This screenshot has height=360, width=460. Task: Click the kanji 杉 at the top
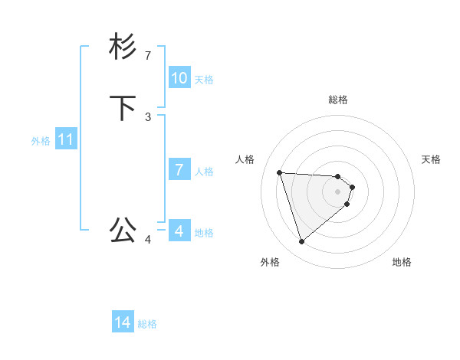coord(123,47)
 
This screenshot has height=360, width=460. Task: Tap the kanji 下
coord(123,108)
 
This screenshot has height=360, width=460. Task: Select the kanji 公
coord(123,229)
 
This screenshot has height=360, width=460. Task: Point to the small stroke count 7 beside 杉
coord(148,56)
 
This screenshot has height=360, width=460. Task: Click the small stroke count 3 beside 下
coord(148,116)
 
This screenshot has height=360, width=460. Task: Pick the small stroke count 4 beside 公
coord(148,240)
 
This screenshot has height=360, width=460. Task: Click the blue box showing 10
coord(179,78)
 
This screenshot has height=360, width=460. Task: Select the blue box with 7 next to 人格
coord(179,170)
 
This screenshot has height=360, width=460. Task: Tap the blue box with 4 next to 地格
coord(179,231)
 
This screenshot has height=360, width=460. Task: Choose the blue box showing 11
coord(66,139)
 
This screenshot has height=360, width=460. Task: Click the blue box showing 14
coord(123,322)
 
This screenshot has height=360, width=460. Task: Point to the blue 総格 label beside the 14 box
coord(147,324)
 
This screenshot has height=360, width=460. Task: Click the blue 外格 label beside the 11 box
coord(41,141)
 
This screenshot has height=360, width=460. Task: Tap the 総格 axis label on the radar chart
coord(338,100)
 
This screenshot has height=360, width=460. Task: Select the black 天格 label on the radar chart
coord(431,159)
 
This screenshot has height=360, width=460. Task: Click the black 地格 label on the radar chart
coord(402,262)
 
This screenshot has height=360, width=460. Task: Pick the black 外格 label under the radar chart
coord(270,262)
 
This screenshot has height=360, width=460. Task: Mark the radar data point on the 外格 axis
coord(301,242)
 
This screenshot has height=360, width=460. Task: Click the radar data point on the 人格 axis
coord(279,172)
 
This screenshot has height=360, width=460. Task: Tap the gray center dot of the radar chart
coord(338,191)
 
